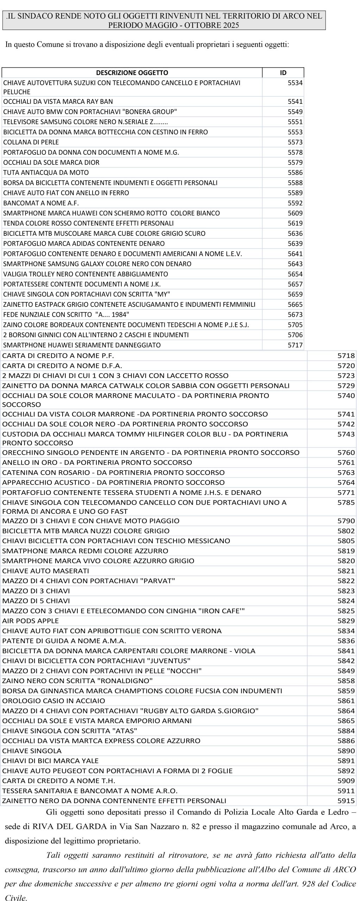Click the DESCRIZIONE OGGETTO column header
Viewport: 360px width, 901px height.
pyautogui.click(x=132, y=73)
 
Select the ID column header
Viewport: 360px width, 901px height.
pyautogui.click(x=283, y=73)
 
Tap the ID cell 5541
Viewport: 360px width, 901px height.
pyautogui.click(x=295, y=102)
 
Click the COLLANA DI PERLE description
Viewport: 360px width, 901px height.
pyautogui.click(x=31, y=142)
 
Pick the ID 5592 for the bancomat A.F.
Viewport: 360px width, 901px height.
pyautogui.click(x=295, y=203)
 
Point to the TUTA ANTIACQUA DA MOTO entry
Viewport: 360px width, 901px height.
pyautogui.click(x=46, y=173)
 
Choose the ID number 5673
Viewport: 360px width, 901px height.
pyautogui.click(x=295, y=315)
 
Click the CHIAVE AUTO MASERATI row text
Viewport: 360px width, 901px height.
pyautogui.click(x=46, y=571)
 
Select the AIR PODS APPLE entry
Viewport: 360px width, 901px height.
pyautogui.click(x=31, y=621)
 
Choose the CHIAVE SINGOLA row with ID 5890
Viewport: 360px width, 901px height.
pyautogui.click(x=32, y=751)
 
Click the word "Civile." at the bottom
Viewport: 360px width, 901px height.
pyautogui.click(x=16, y=898)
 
